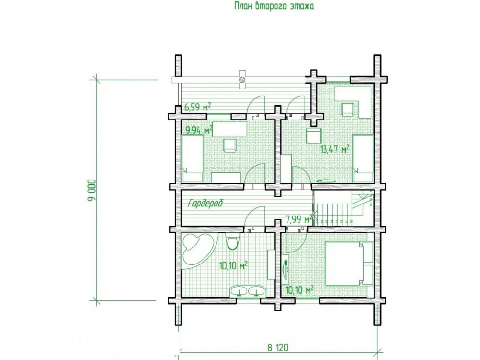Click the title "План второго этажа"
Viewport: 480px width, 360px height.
274,6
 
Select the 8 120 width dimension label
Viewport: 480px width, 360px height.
277,348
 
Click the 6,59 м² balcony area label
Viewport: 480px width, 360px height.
198,108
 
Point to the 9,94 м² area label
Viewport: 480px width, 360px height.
199,131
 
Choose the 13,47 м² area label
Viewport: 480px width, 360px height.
335,149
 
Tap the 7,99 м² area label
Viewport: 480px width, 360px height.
299,218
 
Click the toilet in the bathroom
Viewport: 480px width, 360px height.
233,242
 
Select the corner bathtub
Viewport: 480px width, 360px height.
197,250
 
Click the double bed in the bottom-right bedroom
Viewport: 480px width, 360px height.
349,263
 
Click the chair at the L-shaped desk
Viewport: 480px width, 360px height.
348,110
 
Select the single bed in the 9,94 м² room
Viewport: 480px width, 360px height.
192,159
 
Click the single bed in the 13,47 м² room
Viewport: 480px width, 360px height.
363,158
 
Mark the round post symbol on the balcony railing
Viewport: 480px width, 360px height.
242,79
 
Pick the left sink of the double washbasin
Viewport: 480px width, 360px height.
240,291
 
